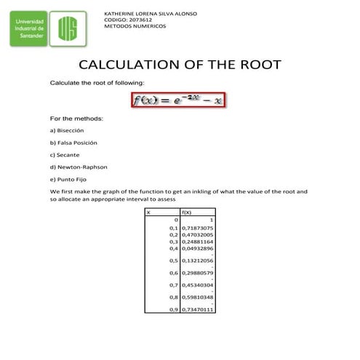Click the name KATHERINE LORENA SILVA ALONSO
tap(151, 14)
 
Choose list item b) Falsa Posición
tap(73, 143)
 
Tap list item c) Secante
tap(65, 155)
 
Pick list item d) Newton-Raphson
tap(79, 167)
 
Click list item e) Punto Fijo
tap(69, 180)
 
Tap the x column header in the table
tap(148, 212)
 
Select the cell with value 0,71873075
tap(197, 228)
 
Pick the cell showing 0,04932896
tap(197, 248)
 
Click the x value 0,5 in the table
tap(174, 260)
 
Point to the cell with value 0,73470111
tap(197, 310)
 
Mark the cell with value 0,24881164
tap(197, 241)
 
